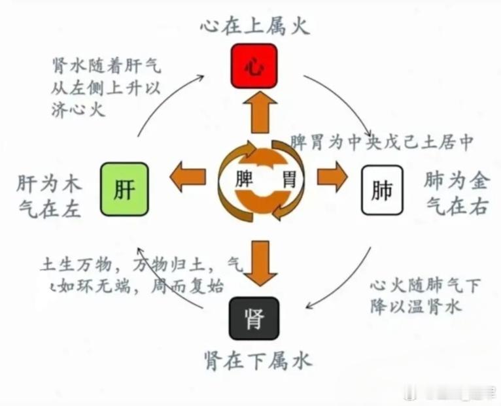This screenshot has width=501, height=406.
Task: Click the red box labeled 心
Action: coord(254,67)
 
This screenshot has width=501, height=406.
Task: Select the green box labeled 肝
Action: coord(124,190)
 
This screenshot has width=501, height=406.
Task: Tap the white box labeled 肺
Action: coord(383,191)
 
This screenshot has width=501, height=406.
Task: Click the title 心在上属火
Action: coord(254,27)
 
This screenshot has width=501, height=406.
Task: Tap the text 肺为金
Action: coord(456,180)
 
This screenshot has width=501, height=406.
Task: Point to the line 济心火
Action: coord(78,109)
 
